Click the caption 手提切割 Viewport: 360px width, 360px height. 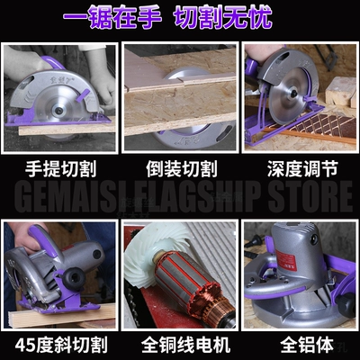pos(60,168)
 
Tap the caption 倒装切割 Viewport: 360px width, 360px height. pos(182,168)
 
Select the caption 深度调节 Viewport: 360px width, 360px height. pos(302,168)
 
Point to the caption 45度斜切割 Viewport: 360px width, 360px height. pos(61,345)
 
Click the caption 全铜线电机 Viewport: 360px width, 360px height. pos(186,345)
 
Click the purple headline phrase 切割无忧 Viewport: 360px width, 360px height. pos(223,16)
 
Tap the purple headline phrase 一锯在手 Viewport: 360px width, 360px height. pos(112,16)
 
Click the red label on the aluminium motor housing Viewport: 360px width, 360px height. pos(285,260)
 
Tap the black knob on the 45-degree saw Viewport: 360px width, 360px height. pos(73,277)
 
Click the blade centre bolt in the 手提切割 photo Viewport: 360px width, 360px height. pos(59,110)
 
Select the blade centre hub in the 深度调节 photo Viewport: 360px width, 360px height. pos(293,94)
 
